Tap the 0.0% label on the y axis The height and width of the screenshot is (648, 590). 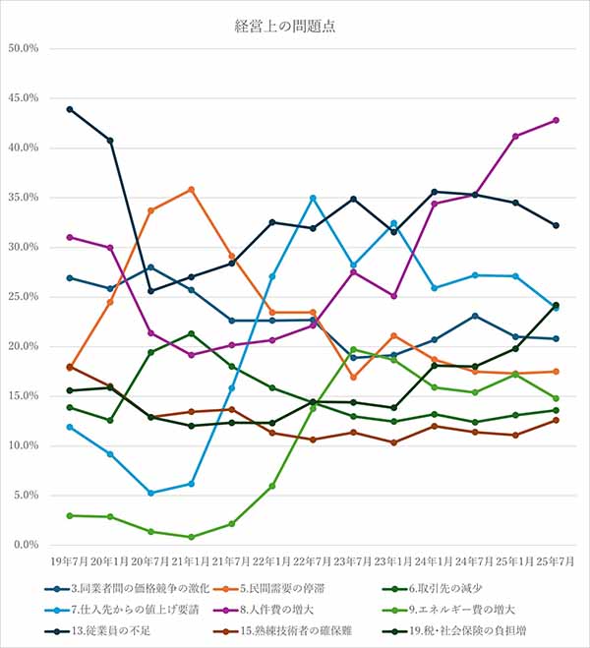click(24, 545)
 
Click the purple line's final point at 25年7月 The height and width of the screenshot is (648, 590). click(556, 120)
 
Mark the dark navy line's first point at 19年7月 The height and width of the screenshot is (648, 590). click(69, 109)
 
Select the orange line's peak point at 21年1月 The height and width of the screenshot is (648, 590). click(191, 189)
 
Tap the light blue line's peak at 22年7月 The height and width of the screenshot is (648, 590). click(313, 198)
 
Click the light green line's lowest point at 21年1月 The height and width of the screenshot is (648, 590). click(191, 537)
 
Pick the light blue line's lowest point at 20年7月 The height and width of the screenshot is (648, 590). click(150, 493)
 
